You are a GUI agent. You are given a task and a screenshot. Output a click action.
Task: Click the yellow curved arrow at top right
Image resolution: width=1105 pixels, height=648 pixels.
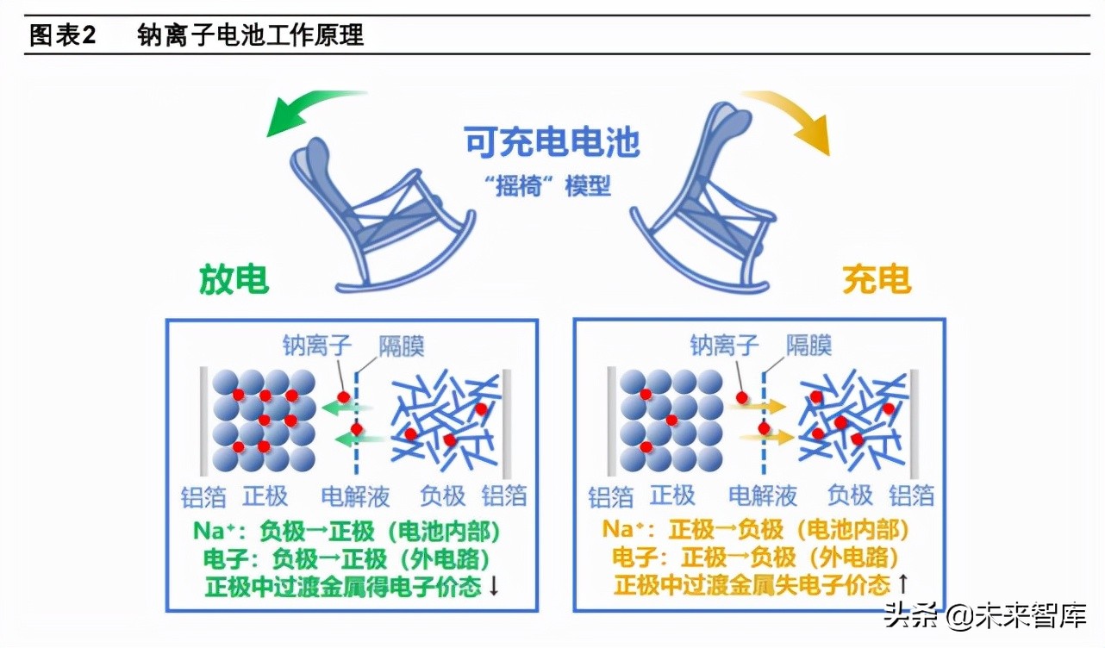[x=793, y=116]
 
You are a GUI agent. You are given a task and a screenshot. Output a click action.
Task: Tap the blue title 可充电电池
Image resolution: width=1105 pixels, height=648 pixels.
[x=552, y=141]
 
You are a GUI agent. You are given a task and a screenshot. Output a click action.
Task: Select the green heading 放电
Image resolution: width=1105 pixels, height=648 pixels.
[x=234, y=279]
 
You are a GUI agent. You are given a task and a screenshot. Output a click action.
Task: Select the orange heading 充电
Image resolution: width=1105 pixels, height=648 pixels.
[x=876, y=279]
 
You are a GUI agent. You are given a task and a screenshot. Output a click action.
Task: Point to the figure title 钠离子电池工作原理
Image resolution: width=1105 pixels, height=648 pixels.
[x=250, y=35]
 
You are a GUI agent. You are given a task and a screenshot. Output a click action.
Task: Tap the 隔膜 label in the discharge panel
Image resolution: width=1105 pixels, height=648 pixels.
[x=402, y=346]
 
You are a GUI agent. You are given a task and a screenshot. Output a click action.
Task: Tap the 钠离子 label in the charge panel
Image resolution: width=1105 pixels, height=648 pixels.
[x=724, y=346]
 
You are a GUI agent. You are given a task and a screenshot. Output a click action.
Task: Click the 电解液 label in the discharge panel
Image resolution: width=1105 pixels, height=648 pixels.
[x=355, y=496]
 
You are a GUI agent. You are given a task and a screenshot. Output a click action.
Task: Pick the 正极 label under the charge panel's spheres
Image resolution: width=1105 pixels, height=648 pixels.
[x=672, y=495]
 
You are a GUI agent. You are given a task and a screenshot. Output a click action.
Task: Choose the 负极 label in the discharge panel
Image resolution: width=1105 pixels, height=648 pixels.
[x=442, y=496]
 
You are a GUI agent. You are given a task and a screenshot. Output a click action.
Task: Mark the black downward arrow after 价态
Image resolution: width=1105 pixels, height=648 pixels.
[x=494, y=586]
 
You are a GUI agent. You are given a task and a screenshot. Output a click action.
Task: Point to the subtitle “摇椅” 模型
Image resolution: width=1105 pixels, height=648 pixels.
[x=552, y=186]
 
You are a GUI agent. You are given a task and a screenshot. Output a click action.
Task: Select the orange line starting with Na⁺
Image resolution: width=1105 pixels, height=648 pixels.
[x=756, y=529]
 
